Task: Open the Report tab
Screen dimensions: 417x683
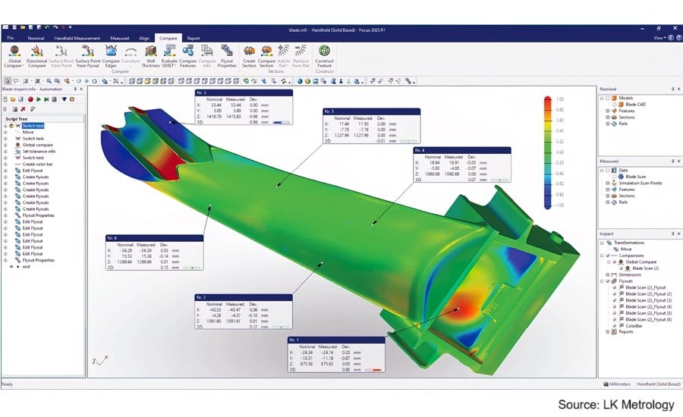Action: click(x=194, y=37)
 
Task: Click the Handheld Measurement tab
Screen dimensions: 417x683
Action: click(x=77, y=37)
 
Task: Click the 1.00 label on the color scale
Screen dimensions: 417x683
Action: click(x=559, y=99)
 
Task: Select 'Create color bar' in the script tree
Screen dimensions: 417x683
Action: click(x=40, y=165)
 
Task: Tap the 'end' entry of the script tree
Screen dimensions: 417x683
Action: click(x=27, y=267)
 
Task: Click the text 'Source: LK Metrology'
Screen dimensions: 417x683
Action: click(x=615, y=405)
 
